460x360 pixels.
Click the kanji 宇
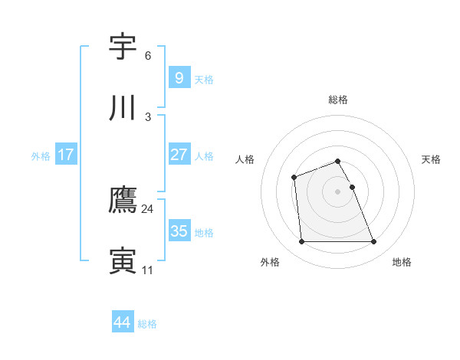[x=123, y=47]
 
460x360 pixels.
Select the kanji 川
[x=123, y=109]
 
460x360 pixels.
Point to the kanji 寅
[x=123, y=261]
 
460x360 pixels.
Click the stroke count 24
[x=147, y=209]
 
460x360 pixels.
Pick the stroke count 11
[x=147, y=270]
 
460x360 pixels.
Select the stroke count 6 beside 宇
[x=147, y=56]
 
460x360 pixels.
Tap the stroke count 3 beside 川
[x=147, y=117]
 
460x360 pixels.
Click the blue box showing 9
[x=179, y=78]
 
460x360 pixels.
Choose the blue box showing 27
[x=179, y=155]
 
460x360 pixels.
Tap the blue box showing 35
[x=179, y=231]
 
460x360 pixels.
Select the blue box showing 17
[x=65, y=155]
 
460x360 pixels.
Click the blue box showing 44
[x=122, y=322]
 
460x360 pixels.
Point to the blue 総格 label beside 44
[x=147, y=324]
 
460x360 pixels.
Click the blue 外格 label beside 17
[x=41, y=156]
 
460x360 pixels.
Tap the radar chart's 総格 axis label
[x=337, y=100]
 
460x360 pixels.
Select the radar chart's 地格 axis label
[x=402, y=263]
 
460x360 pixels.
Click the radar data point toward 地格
[x=373, y=242]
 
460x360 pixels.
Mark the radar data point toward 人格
[x=294, y=178]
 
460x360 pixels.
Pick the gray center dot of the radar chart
[x=337, y=191]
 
